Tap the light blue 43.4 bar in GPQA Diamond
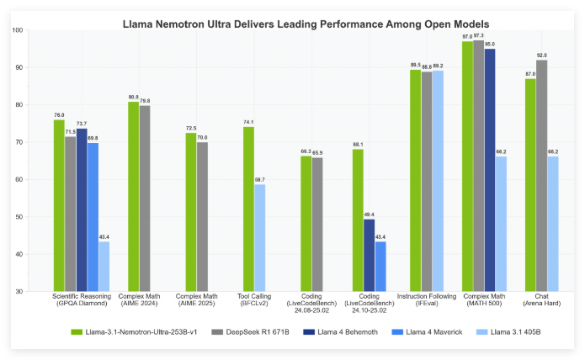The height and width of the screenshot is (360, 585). (x=104, y=266)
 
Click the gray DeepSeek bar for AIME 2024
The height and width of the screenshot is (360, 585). (x=145, y=198)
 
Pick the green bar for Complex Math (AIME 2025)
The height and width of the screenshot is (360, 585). (x=190, y=211)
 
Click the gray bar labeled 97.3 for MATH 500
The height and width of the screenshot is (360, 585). (x=479, y=165)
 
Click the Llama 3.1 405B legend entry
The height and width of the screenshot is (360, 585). (x=487, y=333)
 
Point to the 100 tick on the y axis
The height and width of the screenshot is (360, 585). (x=18, y=30)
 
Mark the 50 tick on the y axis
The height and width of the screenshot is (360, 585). (x=19, y=217)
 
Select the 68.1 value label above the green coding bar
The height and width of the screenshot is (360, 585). (x=358, y=145)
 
